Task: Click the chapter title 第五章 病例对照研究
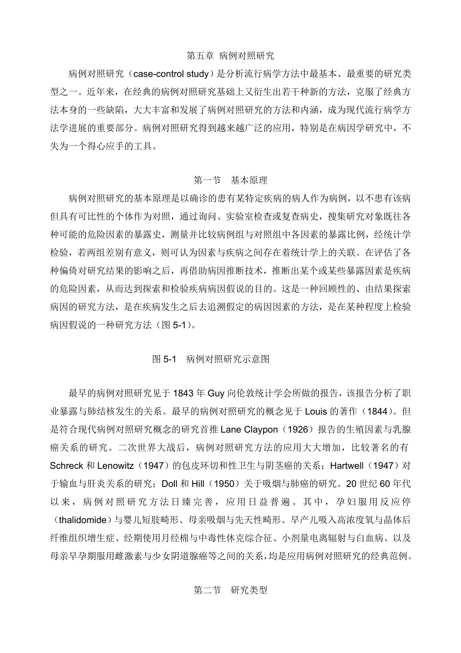[230, 55]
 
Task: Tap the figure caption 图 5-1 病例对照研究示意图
[210, 359]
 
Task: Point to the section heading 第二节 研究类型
[230, 590]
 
